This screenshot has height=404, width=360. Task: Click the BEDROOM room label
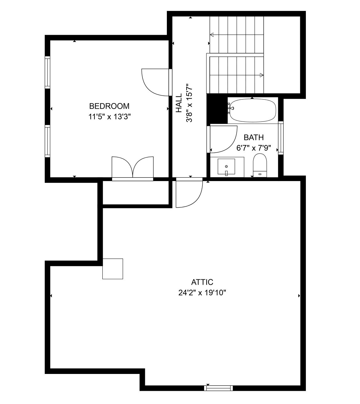(109, 106)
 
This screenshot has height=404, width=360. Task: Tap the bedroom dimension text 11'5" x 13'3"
(109, 117)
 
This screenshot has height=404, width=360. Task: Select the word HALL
(179, 103)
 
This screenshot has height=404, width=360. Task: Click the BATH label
(254, 137)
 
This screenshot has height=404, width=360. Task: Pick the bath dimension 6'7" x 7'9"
(254, 148)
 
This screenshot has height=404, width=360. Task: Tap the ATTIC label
(202, 282)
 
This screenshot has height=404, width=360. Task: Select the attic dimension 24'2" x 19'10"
(202, 293)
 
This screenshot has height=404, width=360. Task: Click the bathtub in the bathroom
(253, 111)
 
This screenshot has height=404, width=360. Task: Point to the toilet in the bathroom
(260, 165)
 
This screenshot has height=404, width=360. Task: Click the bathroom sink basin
(226, 167)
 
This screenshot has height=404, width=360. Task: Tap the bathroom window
(281, 138)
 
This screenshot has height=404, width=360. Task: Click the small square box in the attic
(113, 269)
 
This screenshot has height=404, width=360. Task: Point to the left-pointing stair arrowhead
(212, 35)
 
